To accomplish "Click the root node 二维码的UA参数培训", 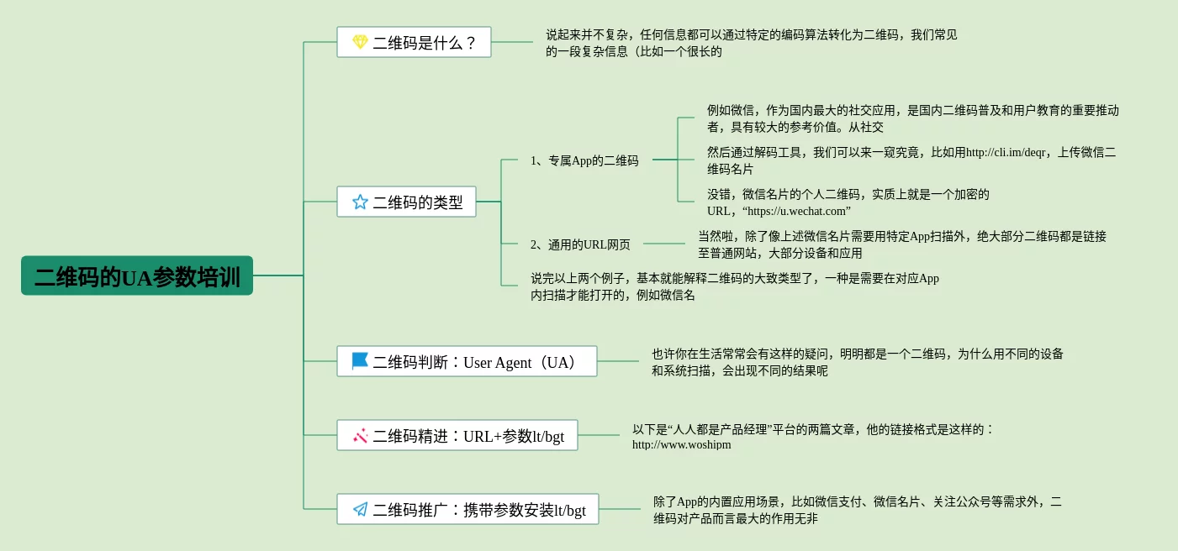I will coord(137,275).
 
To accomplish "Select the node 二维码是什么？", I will coord(414,42).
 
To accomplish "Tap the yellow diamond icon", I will coord(360,42).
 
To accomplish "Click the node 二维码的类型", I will coord(406,202).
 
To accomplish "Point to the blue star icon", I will coord(360,202).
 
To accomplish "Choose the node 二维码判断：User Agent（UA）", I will coord(467,361).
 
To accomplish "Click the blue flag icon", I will coord(360,361).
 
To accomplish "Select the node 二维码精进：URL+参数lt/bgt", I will coord(457,435).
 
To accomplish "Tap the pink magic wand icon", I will coord(360,435).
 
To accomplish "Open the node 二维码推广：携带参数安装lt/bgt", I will coord(468,509).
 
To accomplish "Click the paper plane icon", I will coord(360,509).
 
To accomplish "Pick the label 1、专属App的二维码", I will coord(584,160).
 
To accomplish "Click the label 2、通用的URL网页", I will coord(580,244).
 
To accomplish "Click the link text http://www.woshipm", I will coord(682,444).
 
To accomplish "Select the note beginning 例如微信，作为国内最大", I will coord(912,118).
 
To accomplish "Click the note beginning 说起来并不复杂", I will coord(751,43).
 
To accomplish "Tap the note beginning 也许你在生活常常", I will coord(857,362).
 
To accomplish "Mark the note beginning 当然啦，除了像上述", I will coord(901,244).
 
